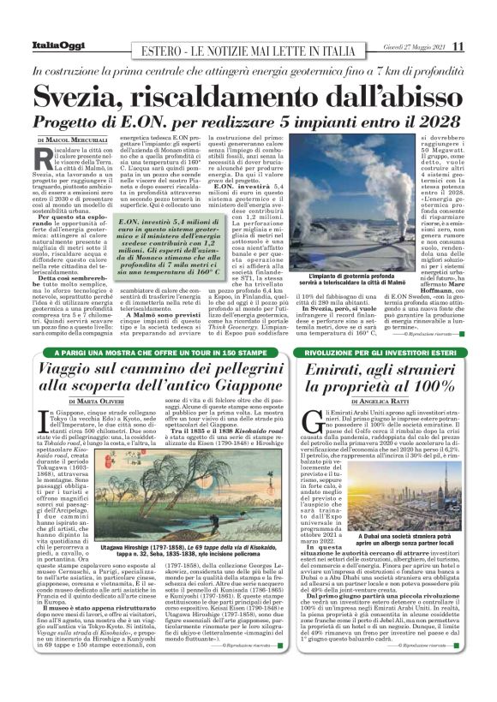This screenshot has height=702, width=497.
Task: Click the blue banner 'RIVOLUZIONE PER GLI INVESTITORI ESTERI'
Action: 392,354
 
